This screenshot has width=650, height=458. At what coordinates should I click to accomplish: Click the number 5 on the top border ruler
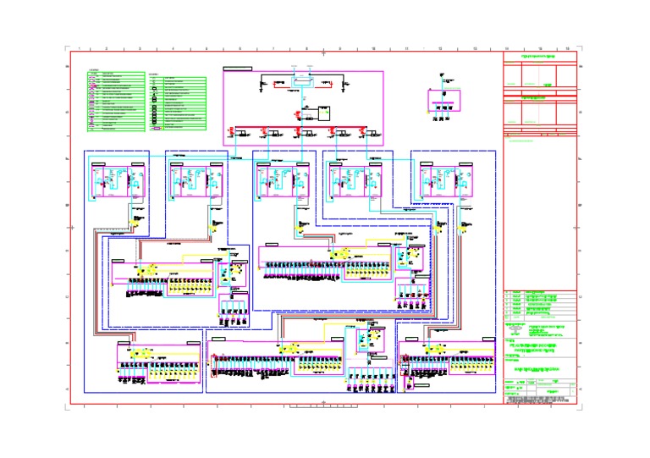point(207,49)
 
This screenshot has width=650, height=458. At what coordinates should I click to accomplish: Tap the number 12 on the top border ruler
point(441,49)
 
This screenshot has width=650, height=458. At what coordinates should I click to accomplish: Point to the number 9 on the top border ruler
point(340,49)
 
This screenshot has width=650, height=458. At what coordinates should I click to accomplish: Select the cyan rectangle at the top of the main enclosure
point(301,81)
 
